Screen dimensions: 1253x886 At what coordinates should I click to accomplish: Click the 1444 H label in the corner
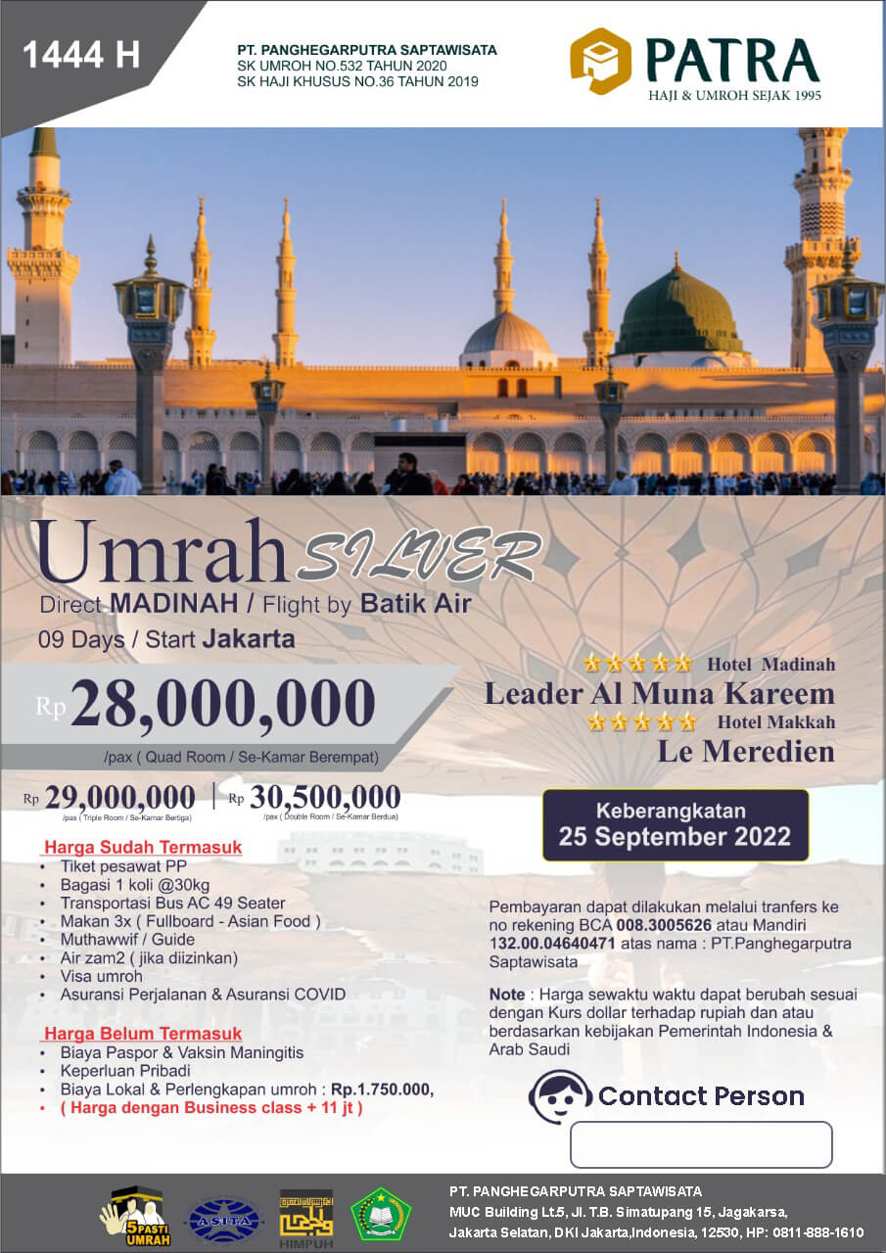[80, 55]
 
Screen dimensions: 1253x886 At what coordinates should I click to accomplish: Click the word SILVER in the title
[420, 559]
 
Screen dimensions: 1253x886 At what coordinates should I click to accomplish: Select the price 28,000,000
[222, 703]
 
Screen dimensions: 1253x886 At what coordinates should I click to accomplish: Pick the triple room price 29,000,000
[119, 798]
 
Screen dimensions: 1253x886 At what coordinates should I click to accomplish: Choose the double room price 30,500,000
[324, 798]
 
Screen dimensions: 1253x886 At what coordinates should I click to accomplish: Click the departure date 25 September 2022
[676, 837]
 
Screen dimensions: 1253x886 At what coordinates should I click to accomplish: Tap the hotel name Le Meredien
[746, 751]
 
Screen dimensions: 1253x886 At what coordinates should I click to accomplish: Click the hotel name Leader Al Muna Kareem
[660, 694]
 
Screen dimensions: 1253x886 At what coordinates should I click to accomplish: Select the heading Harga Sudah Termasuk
[142, 847]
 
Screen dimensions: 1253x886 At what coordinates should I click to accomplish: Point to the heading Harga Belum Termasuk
[142, 1033]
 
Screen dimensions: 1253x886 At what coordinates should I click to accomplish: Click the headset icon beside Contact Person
[559, 1095]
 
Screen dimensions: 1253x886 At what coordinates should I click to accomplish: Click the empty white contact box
[701, 1144]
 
